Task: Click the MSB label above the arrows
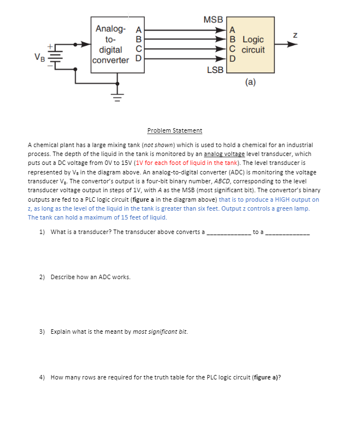tap(213, 20)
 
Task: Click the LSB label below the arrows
tap(215, 70)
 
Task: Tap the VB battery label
tap(39, 56)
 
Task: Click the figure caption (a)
tap(250, 82)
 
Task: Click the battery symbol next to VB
tap(53, 56)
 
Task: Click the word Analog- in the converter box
tap(111, 29)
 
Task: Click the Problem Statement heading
tap(174, 130)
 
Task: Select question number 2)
tap(43, 276)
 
